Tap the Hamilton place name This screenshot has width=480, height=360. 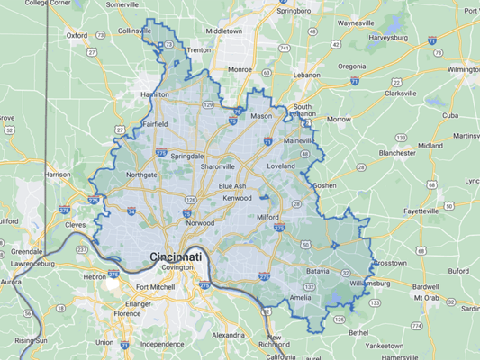(154, 94)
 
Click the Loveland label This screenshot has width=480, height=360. (280, 166)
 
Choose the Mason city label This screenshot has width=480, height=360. (261, 116)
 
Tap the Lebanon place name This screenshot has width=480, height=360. (306, 76)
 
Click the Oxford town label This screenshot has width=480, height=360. (77, 36)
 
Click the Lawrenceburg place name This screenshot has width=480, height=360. (26, 264)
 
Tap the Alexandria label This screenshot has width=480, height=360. (229, 334)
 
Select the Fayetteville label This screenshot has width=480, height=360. (402, 211)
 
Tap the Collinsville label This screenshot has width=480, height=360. (136, 30)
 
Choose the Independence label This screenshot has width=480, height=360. (161, 344)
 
